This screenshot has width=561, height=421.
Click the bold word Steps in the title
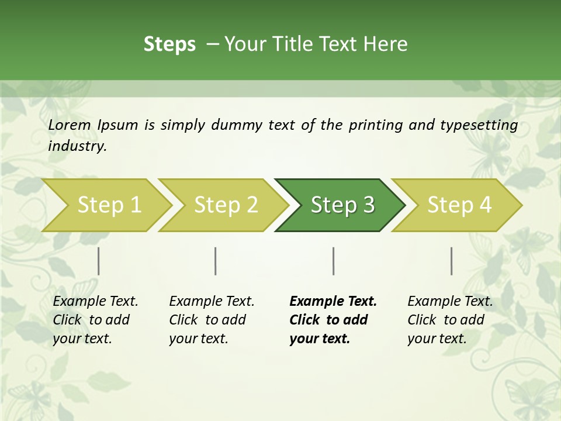click(169, 44)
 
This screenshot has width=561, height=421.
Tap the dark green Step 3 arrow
click(342, 205)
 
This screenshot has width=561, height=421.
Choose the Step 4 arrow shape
click(459, 205)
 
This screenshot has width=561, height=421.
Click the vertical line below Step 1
click(99, 261)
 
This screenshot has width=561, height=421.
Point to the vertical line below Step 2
click(216, 261)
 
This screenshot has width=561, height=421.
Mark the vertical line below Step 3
click(334, 261)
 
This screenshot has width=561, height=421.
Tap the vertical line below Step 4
click(452, 261)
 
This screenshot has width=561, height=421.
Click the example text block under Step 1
click(95, 320)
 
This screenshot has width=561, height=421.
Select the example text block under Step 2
click(212, 320)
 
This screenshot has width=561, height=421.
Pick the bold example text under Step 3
click(333, 320)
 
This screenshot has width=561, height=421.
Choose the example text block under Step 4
click(450, 320)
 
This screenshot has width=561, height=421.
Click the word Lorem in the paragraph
click(70, 125)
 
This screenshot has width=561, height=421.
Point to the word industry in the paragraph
click(77, 146)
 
